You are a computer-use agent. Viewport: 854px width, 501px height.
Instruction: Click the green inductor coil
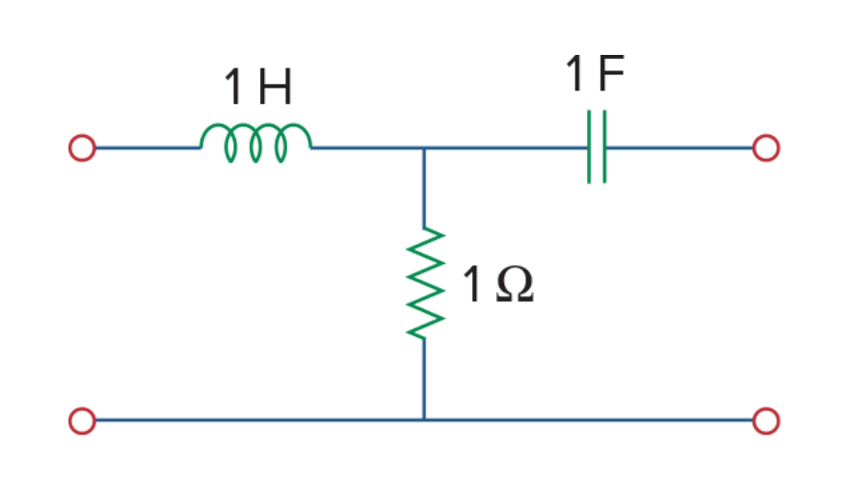click(256, 128)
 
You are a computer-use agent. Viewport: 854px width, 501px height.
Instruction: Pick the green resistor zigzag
click(425, 283)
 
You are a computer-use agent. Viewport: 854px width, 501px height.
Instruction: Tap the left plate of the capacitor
click(589, 147)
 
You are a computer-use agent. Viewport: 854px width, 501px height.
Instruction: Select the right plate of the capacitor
click(604, 147)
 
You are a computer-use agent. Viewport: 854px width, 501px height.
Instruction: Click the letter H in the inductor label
click(276, 87)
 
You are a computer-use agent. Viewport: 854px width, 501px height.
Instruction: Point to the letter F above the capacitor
click(611, 73)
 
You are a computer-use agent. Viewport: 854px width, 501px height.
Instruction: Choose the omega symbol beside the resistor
click(515, 283)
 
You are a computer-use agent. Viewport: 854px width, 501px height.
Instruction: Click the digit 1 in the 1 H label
click(234, 87)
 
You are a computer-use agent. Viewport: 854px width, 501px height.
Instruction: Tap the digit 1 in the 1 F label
click(576, 73)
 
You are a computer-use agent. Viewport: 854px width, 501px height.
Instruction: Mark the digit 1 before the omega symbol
click(471, 283)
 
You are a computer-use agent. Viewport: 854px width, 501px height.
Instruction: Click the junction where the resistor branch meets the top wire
click(424, 147)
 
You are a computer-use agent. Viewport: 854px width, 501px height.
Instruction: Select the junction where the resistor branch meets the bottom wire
click(424, 420)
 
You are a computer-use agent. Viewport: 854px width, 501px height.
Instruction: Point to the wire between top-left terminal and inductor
click(148, 147)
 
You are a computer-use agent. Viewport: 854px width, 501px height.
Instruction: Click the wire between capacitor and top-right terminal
click(680, 147)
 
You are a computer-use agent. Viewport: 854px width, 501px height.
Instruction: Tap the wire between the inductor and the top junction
click(367, 147)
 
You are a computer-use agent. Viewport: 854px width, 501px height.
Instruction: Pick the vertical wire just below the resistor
click(424, 380)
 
